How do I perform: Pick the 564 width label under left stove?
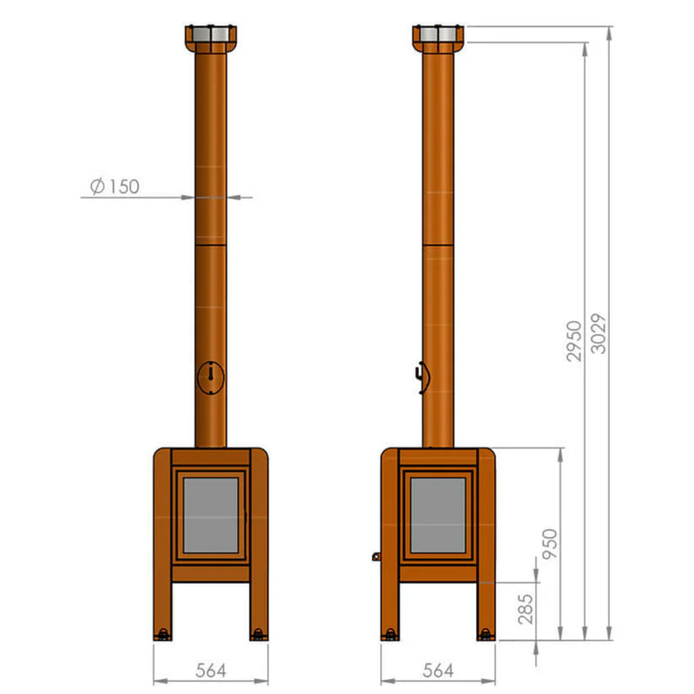click(x=210, y=670)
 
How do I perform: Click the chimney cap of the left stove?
click(x=210, y=39)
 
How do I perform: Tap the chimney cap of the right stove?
click(x=437, y=38)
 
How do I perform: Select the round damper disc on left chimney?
click(x=210, y=377)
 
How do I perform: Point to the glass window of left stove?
click(x=210, y=514)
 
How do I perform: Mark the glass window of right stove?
click(x=438, y=514)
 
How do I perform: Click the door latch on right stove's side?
click(x=376, y=555)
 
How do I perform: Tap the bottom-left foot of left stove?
click(x=161, y=635)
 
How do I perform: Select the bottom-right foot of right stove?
click(x=485, y=635)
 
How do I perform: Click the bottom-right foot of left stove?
click(x=258, y=635)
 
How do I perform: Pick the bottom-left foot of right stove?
click(x=390, y=635)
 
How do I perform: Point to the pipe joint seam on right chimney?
click(x=437, y=246)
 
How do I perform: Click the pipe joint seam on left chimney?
click(x=210, y=246)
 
